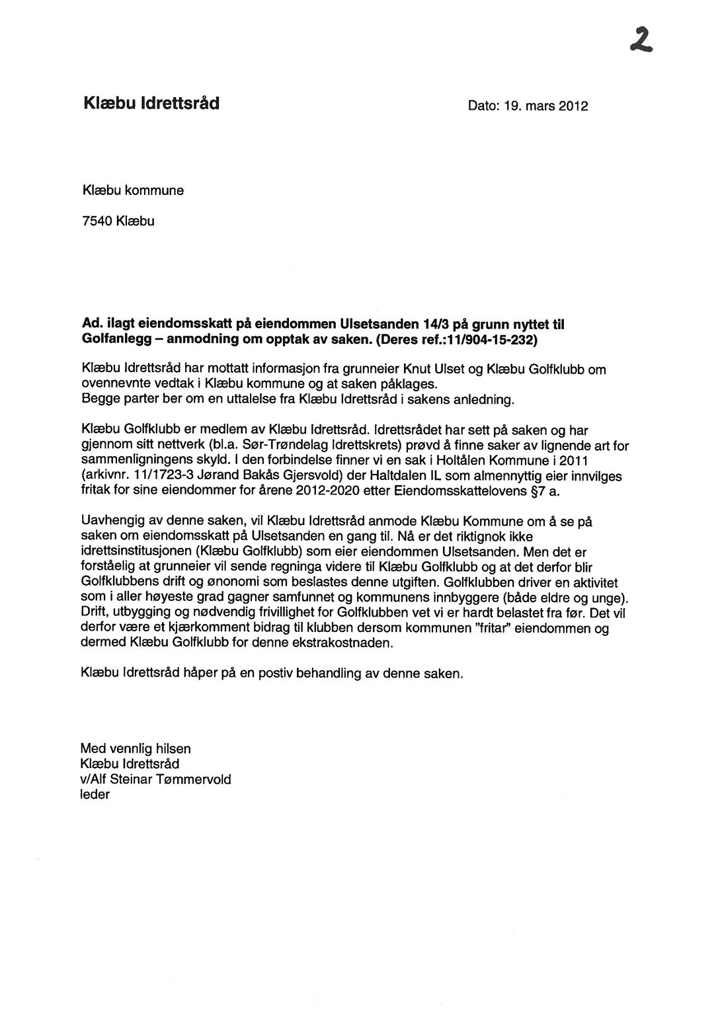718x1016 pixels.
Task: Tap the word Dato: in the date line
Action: point(484,106)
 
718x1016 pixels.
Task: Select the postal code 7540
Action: point(97,221)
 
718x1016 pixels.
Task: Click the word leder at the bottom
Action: point(95,795)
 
